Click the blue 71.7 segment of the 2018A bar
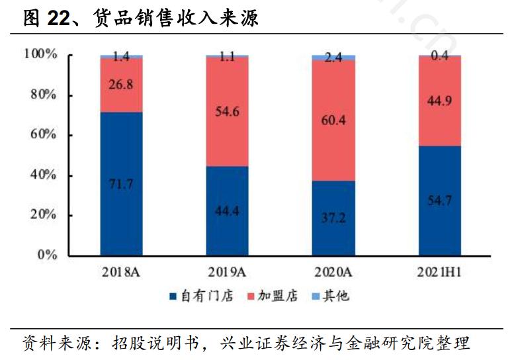[x=121, y=184]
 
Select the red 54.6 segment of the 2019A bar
[x=227, y=112]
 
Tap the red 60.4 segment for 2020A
[x=333, y=120]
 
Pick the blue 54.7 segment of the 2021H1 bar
[x=439, y=201]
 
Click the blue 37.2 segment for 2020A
[x=333, y=218]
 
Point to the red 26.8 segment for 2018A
[x=121, y=85]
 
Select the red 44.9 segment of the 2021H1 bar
[x=439, y=101]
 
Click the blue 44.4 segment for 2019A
[x=227, y=210]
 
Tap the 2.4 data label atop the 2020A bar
[x=333, y=58]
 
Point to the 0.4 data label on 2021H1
[x=439, y=56]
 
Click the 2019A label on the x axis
[x=227, y=272]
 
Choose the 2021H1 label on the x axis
[x=439, y=272]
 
